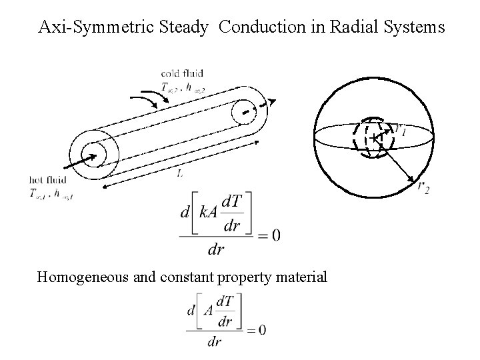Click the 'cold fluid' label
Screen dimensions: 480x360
182,73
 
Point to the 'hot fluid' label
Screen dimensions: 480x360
49,179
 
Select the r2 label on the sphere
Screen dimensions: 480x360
423,187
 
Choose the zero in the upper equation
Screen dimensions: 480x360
275,235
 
